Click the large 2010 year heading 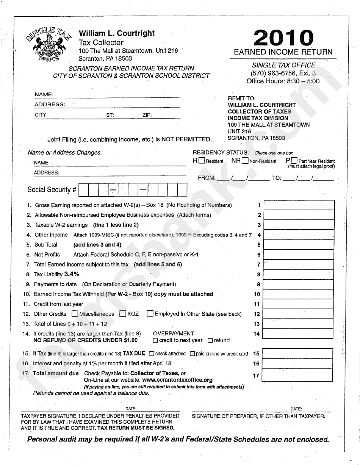tap(283, 38)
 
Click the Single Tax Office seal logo tap(48, 44)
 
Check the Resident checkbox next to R tap(202, 161)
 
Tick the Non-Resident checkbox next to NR tap(245, 161)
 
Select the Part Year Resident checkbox tap(294, 161)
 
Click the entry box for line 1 tap(299, 205)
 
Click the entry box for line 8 tap(299, 274)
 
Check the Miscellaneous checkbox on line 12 tap(75, 314)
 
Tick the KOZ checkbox tap(122, 314)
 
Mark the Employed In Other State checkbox tap(150, 314)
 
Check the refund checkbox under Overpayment tap(210, 340)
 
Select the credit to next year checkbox tap(155, 340)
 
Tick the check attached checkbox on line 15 tap(152, 354)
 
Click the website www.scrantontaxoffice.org tap(178, 380)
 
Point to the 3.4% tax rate tap(72, 274)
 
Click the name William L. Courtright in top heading tap(117, 33)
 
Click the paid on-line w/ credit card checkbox tap(192, 354)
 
